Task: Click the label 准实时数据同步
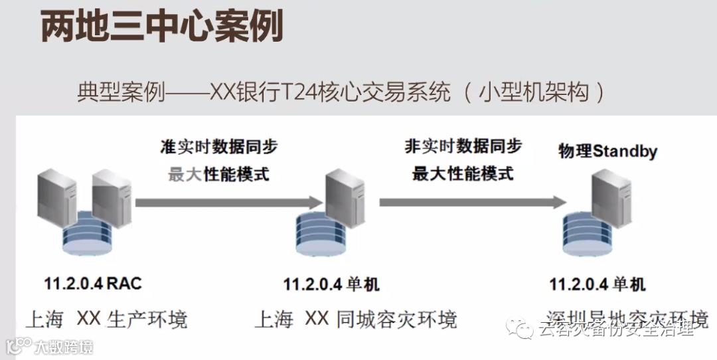click(x=218, y=147)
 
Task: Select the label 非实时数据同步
click(x=463, y=146)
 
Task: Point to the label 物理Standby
click(x=607, y=151)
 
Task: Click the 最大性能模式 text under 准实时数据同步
click(x=218, y=175)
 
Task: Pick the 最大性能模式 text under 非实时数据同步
click(x=463, y=174)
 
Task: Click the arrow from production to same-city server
click(x=226, y=201)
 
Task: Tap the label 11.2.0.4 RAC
click(x=93, y=284)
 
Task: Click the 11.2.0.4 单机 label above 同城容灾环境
click(x=331, y=285)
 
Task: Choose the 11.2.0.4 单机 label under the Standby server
click(x=597, y=285)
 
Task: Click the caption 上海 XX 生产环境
click(x=106, y=319)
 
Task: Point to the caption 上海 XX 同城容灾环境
click(x=356, y=319)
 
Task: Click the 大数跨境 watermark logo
click(x=50, y=346)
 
